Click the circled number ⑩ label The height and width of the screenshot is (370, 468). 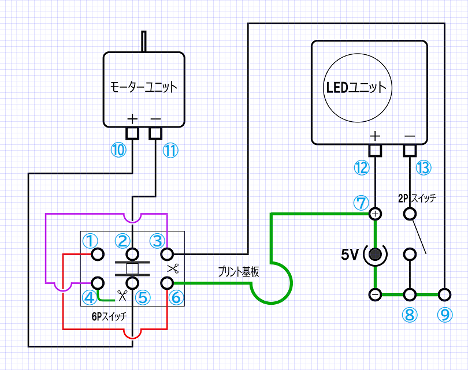pyautogui.click(x=118, y=150)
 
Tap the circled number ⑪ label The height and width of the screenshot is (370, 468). pyautogui.click(x=170, y=150)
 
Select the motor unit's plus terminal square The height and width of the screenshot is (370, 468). pyautogui.click(x=132, y=133)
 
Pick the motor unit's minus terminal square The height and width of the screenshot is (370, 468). pyautogui.click(x=155, y=133)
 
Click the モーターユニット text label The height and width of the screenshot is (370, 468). pyautogui.click(x=143, y=87)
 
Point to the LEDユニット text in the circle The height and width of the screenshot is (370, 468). pyautogui.click(x=356, y=87)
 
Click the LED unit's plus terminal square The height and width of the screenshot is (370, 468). pyautogui.click(x=375, y=151)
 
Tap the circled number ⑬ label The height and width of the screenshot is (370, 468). pyautogui.click(x=424, y=167)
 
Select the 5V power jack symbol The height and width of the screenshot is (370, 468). pyautogui.click(x=375, y=255)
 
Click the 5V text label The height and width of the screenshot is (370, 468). pyautogui.click(x=349, y=255)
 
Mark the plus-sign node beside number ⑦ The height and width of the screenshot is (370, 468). pyautogui.click(x=375, y=214)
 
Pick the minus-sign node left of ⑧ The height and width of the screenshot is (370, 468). pyautogui.click(x=375, y=294)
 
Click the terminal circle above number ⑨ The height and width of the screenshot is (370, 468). pyautogui.click(x=445, y=294)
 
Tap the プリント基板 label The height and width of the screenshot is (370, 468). pyautogui.click(x=239, y=272)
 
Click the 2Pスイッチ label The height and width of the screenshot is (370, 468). pyautogui.click(x=417, y=198)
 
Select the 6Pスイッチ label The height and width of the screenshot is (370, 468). pyautogui.click(x=109, y=316)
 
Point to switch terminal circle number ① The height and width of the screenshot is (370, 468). pyautogui.click(x=98, y=255)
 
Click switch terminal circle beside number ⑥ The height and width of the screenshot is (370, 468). pyautogui.click(x=167, y=283)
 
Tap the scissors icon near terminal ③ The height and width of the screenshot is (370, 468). pyautogui.click(x=173, y=268)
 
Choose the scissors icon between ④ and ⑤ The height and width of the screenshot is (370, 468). pyautogui.click(x=122, y=296)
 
